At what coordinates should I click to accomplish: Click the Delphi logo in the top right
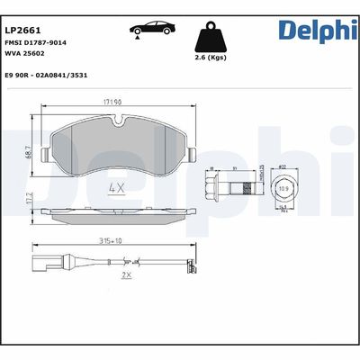point(317,31)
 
